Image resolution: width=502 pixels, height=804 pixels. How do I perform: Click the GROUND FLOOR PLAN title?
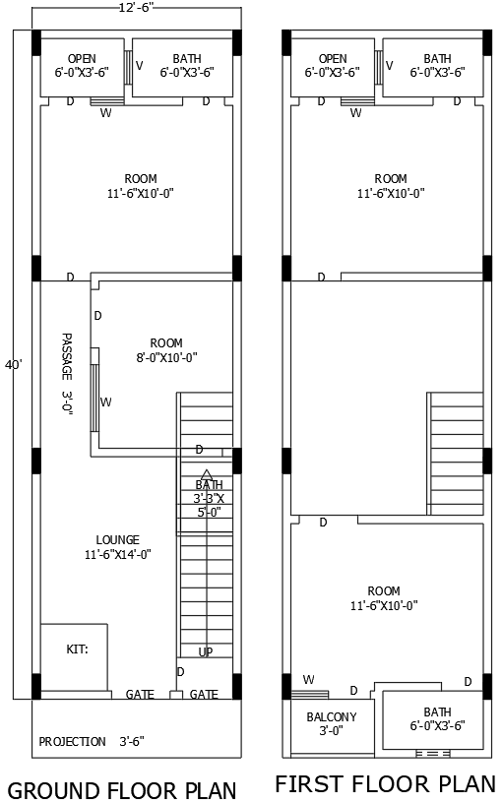(x=122, y=790)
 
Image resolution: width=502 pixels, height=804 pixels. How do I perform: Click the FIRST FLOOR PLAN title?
(x=385, y=784)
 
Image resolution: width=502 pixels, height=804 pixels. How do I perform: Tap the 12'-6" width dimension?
(x=136, y=8)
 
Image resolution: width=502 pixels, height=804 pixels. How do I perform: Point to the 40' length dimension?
(x=13, y=365)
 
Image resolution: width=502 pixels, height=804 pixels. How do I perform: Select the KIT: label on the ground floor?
(x=77, y=649)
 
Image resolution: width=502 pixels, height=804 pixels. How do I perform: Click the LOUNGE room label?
(x=117, y=547)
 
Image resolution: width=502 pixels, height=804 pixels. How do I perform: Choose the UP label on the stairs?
(x=206, y=651)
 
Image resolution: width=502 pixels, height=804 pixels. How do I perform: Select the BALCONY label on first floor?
(x=331, y=723)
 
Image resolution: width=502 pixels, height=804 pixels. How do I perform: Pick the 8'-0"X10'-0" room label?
(x=166, y=350)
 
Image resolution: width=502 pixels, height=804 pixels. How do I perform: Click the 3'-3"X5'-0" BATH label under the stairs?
(x=209, y=498)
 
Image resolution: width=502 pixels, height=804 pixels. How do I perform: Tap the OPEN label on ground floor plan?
(x=82, y=66)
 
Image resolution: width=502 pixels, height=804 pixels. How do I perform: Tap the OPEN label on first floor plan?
(x=333, y=66)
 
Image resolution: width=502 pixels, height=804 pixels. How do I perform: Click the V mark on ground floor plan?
(x=139, y=66)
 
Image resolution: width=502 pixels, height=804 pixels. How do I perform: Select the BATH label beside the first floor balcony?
(x=437, y=718)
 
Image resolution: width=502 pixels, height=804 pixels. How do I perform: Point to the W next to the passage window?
(x=105, y=402)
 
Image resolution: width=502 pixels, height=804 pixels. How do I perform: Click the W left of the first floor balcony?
(x=309, y=679)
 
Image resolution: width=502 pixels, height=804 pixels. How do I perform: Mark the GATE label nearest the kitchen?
(x=140, y=694)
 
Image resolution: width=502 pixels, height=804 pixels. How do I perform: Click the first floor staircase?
(x=455, y=452)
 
